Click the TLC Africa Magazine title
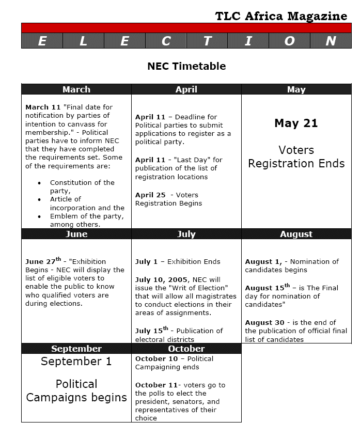281,16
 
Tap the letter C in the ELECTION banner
166,41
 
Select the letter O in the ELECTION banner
289,41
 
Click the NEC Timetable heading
186,66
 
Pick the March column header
76,89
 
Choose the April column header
186,89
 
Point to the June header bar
76,234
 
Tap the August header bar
296,234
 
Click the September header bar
76,349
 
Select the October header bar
186,349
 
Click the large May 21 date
296,123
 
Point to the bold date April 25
151,195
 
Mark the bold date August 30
264,323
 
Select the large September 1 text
76,362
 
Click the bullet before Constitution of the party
40,183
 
